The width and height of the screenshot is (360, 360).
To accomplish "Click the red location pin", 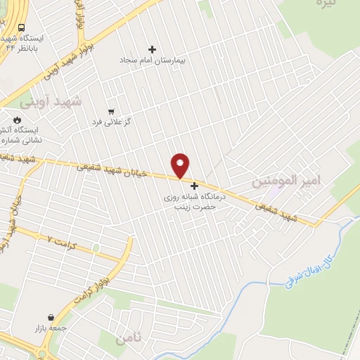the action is coord(181,165).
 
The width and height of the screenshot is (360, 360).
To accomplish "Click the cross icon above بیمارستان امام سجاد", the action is coord(152,49).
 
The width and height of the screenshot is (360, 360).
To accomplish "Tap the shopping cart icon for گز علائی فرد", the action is coord(111,111).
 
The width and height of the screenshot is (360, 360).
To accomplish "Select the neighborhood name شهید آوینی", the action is coord(50,102).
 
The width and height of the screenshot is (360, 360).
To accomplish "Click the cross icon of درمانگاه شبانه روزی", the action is coord(195,186).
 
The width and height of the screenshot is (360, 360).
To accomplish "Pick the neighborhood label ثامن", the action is coord(130,338).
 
